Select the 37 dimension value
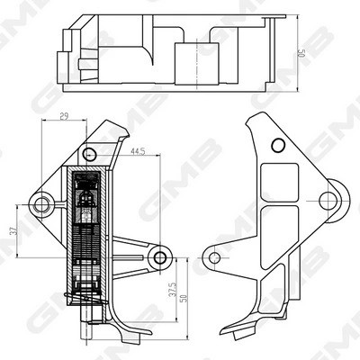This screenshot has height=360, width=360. pyautogui.click(x=13, y=232)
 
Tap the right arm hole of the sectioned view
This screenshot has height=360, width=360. pyautogui.click(x=160, y=258)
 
